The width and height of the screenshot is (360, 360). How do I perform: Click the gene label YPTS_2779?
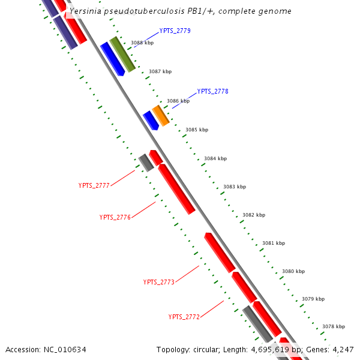(x=175, y=31)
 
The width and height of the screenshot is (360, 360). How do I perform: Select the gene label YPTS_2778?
(x=212, y=91)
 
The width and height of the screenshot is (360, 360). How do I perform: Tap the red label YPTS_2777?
(x=94, y=185)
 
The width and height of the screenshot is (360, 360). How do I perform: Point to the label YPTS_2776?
(x=115, y=217)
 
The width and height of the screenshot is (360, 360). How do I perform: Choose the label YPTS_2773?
(x=158, y=282)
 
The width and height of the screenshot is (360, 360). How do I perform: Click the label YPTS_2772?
(x=184, y=316)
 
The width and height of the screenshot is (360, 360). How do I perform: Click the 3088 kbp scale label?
(x=142, y=43)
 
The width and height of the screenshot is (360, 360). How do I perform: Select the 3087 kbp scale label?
(x=160, y=71)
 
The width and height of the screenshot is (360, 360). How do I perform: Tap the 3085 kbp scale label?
(x=197, y=130)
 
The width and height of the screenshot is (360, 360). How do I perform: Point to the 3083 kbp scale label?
(x=235, y=187)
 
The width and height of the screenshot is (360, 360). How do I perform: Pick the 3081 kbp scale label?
(x=274, y=243)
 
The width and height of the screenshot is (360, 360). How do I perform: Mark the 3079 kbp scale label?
(x=313, y=299)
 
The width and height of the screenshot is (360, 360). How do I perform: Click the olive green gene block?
(x=122, y=54)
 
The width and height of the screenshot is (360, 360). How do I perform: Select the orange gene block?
(x=160, y=115)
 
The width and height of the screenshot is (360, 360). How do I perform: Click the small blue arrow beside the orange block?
(x=151, y=120)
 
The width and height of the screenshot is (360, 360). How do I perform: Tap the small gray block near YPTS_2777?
(x=146, y=162)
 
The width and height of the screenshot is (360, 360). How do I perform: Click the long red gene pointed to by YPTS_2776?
(x=176, y=188)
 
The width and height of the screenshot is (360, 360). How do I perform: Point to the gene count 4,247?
(x=342, y=349)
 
